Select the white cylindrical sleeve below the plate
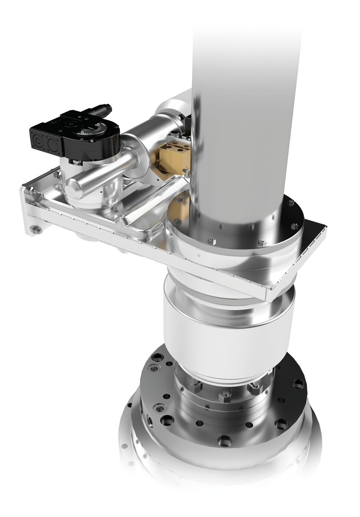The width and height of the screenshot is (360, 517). tap(228, 331)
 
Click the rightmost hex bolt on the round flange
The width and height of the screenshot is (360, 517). tap(294, 225)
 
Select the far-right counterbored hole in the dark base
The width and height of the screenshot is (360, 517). tap(298, 384)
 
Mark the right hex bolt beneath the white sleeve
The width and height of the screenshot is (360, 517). tap(255, 387)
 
